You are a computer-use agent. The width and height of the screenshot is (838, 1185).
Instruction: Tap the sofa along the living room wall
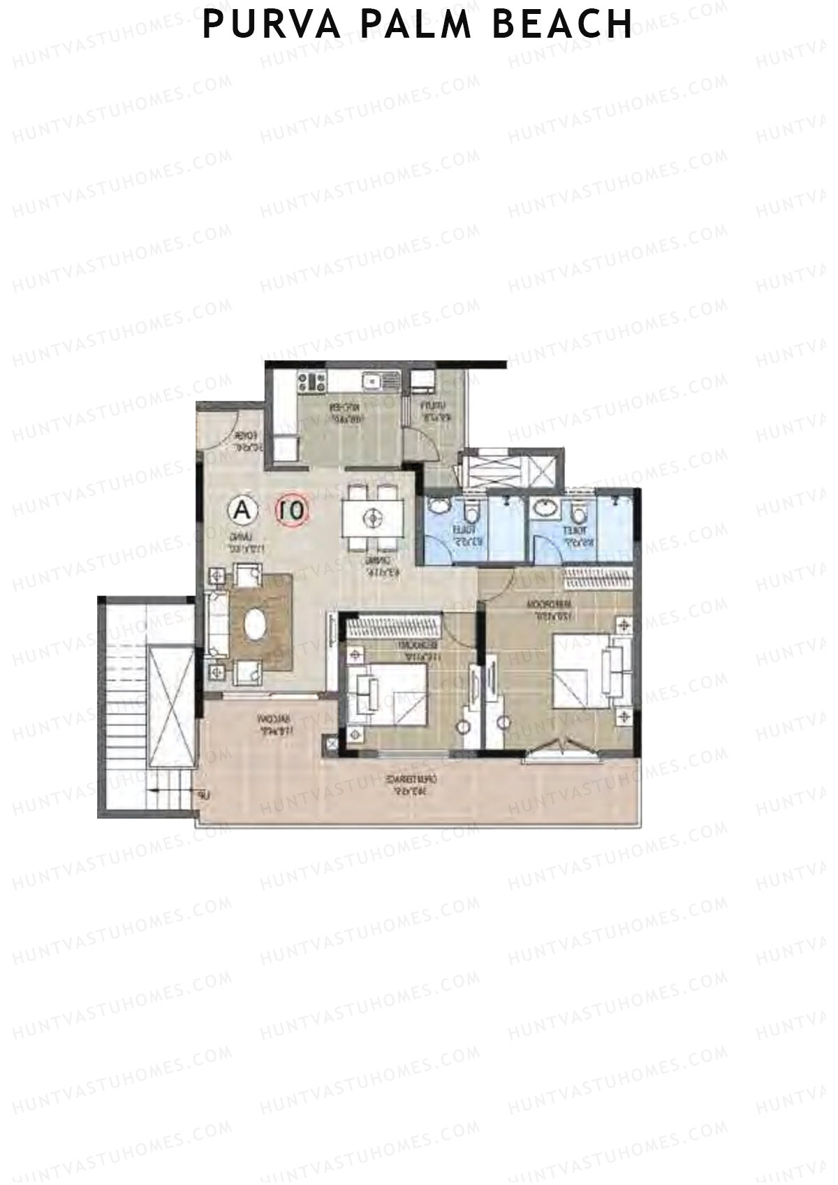click(217, 624)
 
